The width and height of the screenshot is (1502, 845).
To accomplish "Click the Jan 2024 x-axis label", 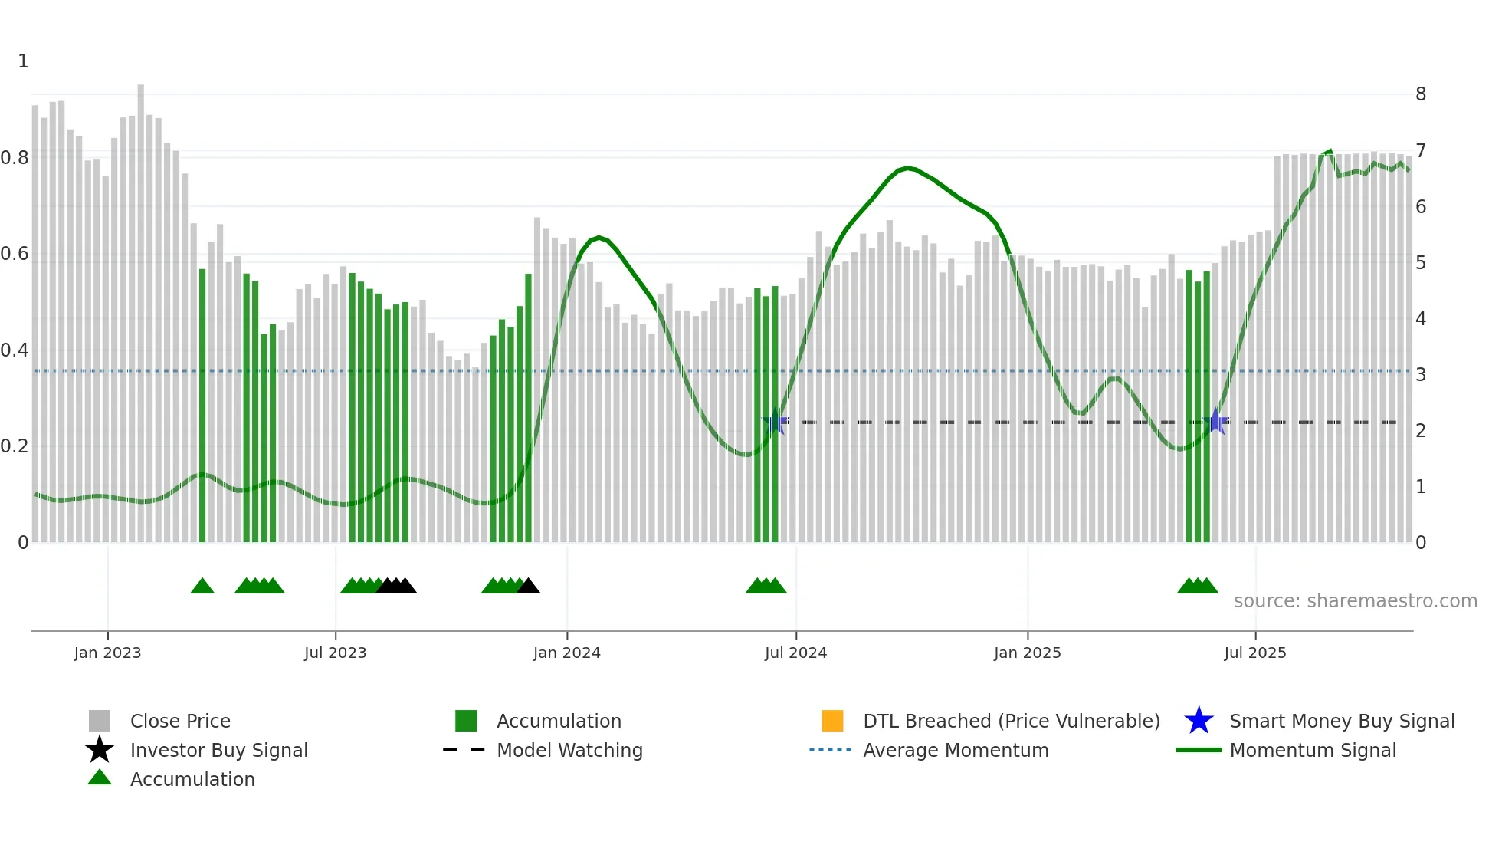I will pyautogui.click(x=566, y=653).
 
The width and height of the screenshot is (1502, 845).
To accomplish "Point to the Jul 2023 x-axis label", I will pyautogui.click(x=335, y=653).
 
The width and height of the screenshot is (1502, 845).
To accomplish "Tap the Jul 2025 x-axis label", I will pyautogui.click(x=1254, y=653).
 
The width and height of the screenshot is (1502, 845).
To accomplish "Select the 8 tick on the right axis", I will pyautogui.click(x=1420, y=94).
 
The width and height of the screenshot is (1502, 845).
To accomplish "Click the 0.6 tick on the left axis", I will pyautogui.click(x=15, y=254).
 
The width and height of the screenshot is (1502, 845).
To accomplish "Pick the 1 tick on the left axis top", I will pyautogui.click(x=23, y=61).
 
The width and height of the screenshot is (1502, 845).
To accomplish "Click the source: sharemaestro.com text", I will pyautogui.click(x=1355, y=600).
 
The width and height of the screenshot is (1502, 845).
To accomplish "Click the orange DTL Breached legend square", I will pyautogui.click(x=831, y=721).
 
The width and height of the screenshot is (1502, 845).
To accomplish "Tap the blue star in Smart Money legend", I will pyautogui.click(x=1199, y=721).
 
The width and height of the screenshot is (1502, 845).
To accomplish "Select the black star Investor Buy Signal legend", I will pyautogui.click(x=100, y=750).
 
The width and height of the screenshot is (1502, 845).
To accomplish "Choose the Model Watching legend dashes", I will pyautogui.click(x=464, y=750).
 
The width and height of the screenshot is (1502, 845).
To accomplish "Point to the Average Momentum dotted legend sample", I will pyautogui.click(x=830, y=750).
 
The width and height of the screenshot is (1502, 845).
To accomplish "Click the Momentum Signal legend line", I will pyautogui.click(x=1199, y=750).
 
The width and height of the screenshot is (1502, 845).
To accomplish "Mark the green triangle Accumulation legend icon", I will pyautogui.click(x=100, y=778).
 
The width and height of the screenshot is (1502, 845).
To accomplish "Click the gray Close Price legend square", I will pyautogui.click(x=100, y=721).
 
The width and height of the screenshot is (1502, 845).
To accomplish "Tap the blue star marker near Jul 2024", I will pyautogui.click(x=776, y=421).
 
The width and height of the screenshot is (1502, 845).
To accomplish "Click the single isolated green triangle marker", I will pyautogui.click(x=202, y=587).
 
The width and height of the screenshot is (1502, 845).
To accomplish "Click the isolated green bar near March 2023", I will pyautogui.click(x=202, y=406).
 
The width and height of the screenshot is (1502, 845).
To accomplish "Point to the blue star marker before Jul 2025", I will pyautogui.click(x=1215, y=421).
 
